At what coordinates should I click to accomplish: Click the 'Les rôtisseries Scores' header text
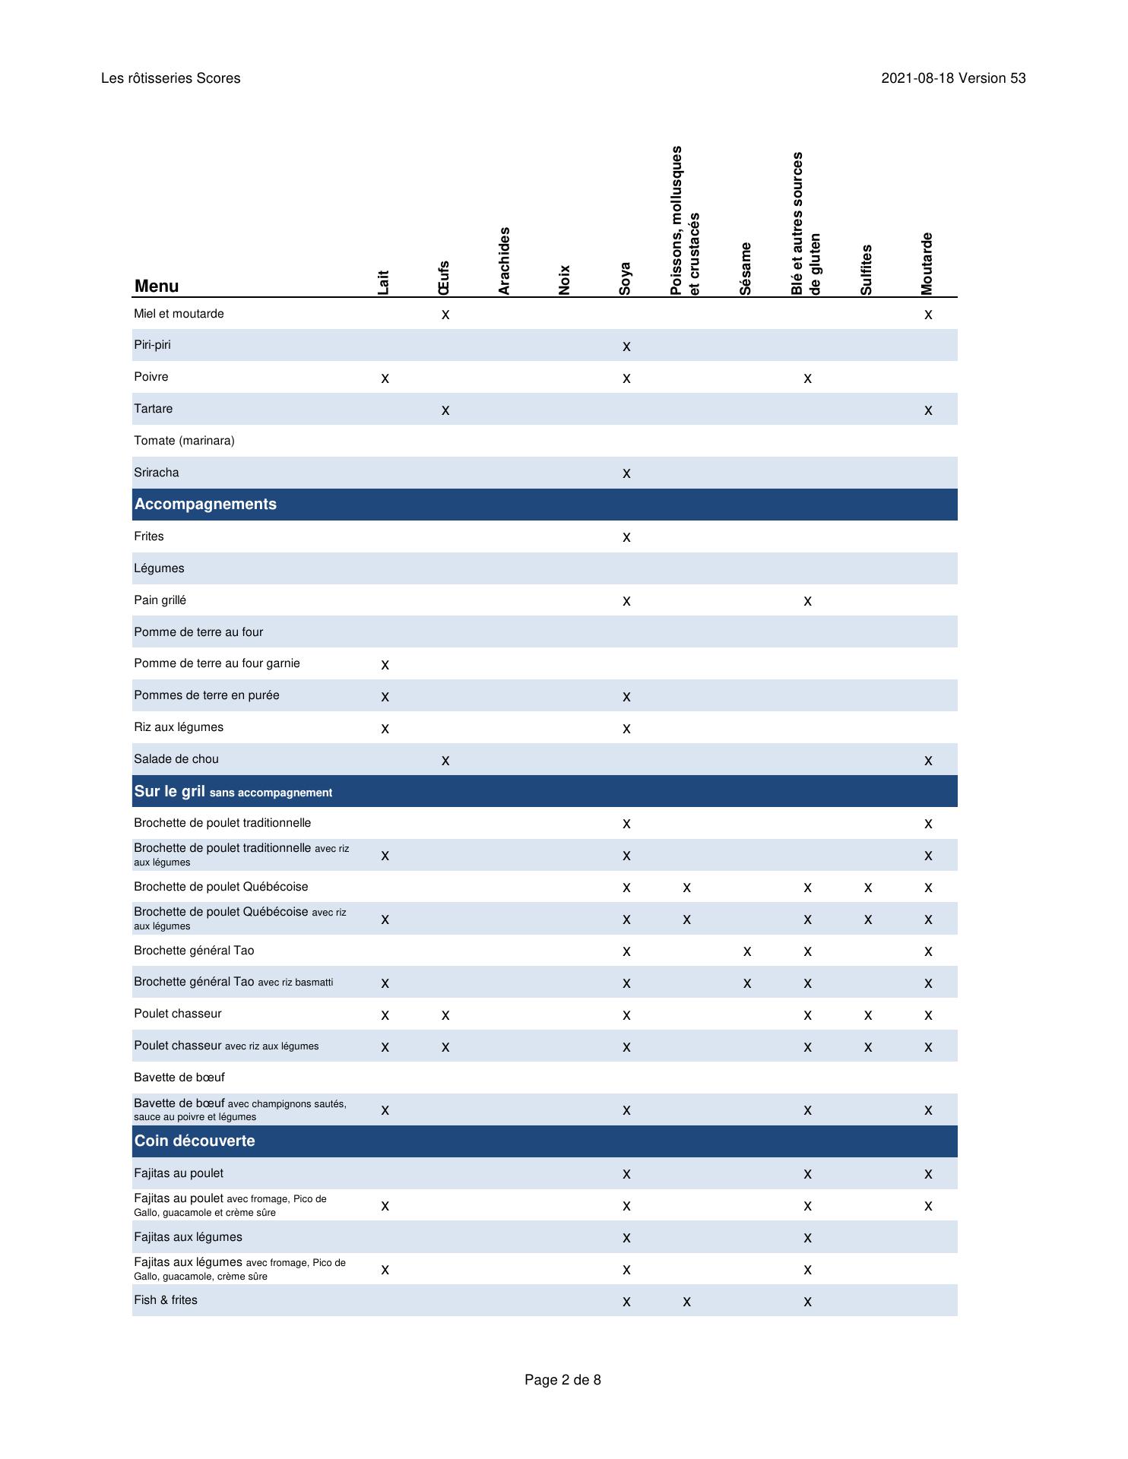tap(170, 78)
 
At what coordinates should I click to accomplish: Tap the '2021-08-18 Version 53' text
tap(953, 78)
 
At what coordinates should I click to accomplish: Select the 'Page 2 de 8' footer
tap(562, 1379)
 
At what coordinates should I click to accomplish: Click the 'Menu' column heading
tap(157, 286)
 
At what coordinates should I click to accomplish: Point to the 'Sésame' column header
tap(746, 268)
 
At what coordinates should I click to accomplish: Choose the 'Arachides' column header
tap(504, 261)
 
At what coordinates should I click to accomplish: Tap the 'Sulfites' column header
tap(867, 270)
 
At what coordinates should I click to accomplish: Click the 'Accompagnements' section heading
tap(205, 505)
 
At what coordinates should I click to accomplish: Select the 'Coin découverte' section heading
tap(195, 1141)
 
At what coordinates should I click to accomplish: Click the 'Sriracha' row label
tap(157, 473)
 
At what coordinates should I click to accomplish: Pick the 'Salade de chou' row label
tap(176, 759)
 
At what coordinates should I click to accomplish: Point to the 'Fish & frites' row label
tap(166, 1300)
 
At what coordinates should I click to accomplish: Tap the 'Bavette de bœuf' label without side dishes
tap(179, 1078)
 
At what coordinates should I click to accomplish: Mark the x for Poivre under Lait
tap(385, 378)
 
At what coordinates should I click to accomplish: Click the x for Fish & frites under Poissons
tap(686, 1302)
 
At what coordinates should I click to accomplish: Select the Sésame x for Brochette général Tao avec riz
tap(747, 983)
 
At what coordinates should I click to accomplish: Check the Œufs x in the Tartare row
tap(445, 410)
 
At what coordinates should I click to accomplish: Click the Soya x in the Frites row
tap(626, 537)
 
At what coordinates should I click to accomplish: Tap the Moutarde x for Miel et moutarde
tap(928, 315)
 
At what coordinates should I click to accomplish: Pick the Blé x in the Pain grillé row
tap(807, 601)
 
